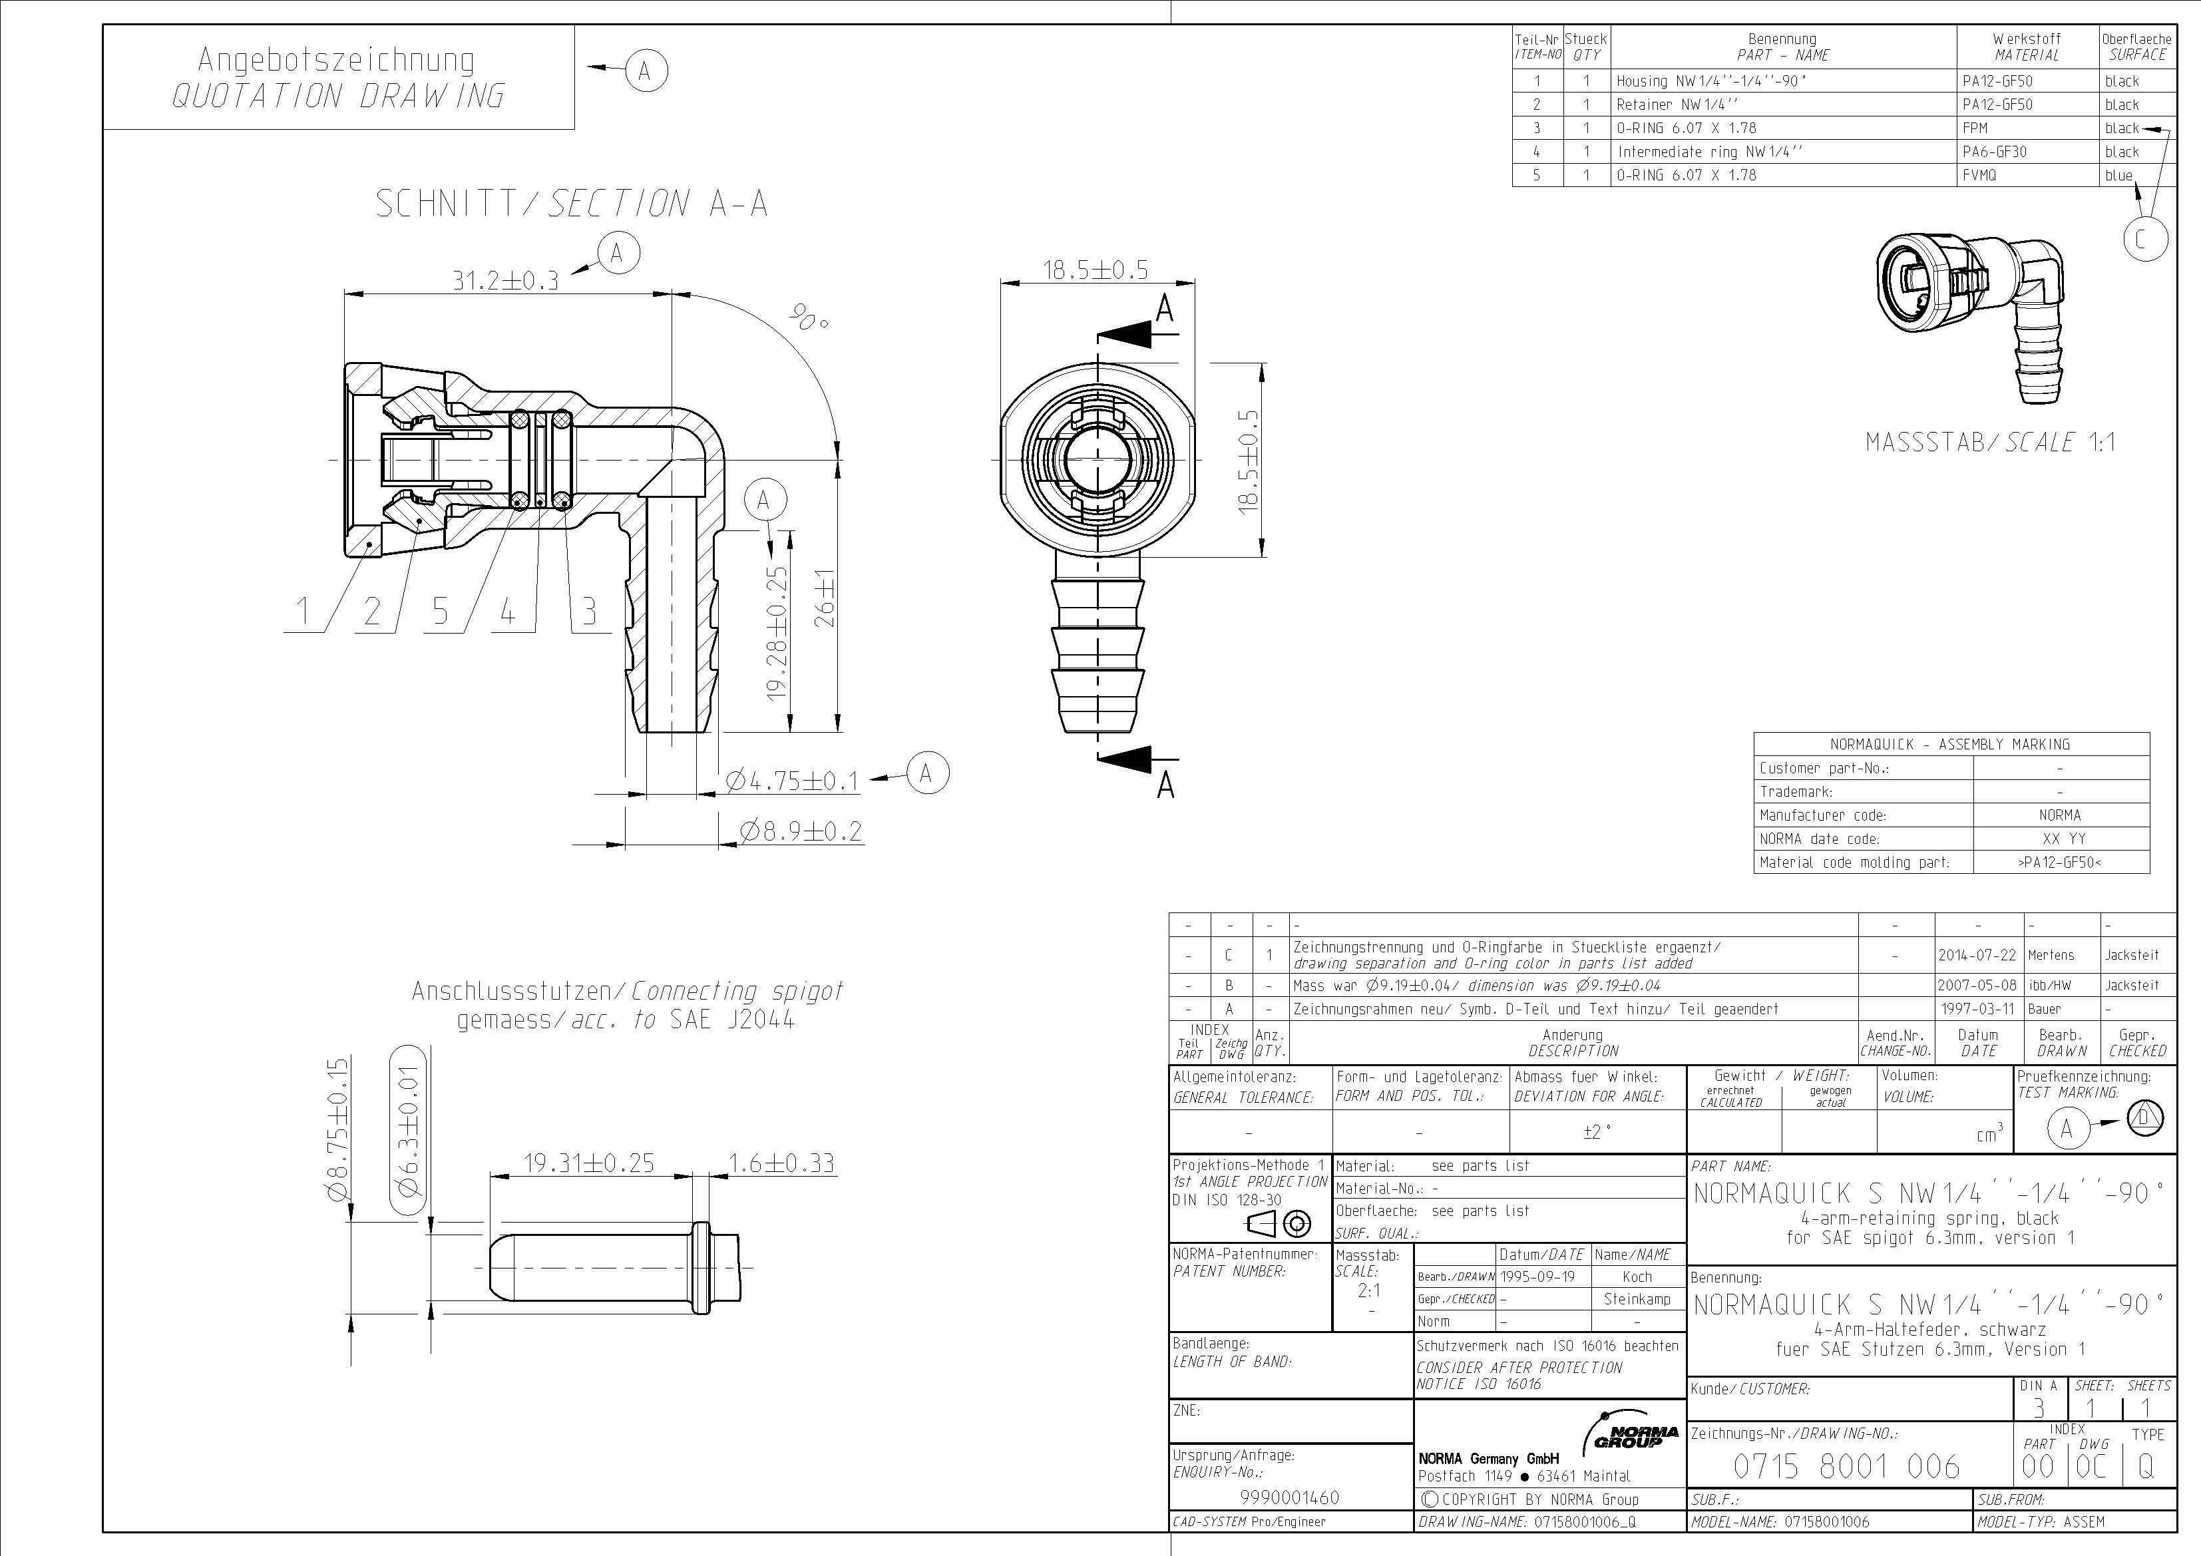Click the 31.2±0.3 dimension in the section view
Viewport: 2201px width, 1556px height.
click(505, 280)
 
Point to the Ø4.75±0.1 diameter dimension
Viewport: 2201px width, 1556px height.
click(792, 781)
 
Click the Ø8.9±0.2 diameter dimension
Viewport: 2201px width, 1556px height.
click(801, 831)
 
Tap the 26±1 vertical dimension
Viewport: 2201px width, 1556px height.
click(825, 598)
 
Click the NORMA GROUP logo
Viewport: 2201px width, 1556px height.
click(1635, 1435)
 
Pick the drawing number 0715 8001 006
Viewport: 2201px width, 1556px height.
click(1846, 1466)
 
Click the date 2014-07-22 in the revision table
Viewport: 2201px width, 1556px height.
click(1976, 955)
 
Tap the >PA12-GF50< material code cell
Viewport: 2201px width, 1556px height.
click(2059, 862)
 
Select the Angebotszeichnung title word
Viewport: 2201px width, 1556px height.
click(335, 59)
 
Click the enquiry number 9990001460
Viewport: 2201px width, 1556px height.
click(1289, 1497)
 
